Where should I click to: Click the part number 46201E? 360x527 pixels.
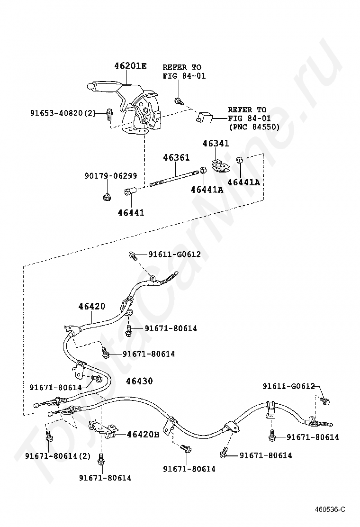point(130,65)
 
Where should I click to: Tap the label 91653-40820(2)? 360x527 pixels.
point(63,113)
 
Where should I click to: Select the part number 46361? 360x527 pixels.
point(176,157)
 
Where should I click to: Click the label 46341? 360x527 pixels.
point(216,144)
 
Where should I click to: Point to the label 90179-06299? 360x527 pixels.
point(110,175)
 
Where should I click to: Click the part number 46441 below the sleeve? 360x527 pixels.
point(131,213)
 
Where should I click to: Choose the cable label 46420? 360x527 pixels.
point(92,306)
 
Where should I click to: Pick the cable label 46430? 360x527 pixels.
point(139,381)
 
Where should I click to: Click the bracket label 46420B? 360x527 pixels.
point(143,435)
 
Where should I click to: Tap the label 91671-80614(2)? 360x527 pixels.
point(58,456)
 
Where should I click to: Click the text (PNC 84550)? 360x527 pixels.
point(254,127)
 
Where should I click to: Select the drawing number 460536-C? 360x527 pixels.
point(330,509)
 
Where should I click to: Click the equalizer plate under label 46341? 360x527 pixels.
point(219,164)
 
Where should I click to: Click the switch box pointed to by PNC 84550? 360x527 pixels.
point(204,118)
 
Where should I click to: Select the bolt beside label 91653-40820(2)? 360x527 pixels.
point(109,114)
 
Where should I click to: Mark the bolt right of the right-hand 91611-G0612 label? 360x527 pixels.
point(325,400)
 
